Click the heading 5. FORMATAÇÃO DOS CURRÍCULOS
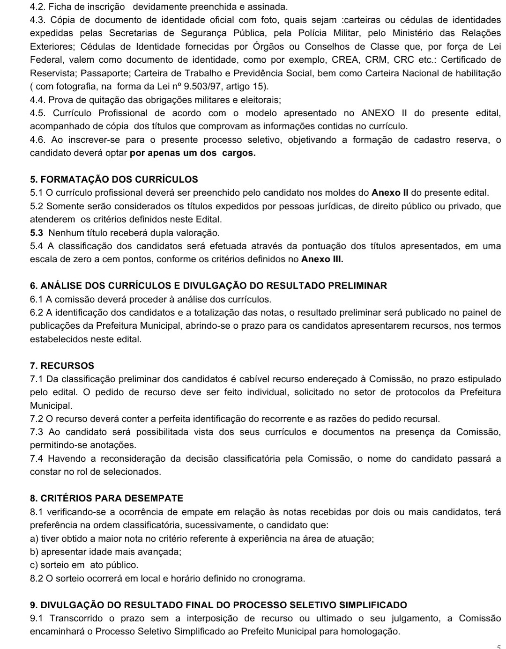[x=114, y=179]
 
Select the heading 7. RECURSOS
[x=62, y=366]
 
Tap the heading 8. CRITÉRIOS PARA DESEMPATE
[x=106, y=498]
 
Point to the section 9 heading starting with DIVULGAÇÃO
[x=218, y=605]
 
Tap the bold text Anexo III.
[x=322, y=259]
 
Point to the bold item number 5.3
[x=37, y=233]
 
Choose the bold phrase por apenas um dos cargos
[x=193, y=153]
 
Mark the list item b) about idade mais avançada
[x=105, y=552]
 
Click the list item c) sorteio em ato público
[x=84, y=565]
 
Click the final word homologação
[x=372, y=632]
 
